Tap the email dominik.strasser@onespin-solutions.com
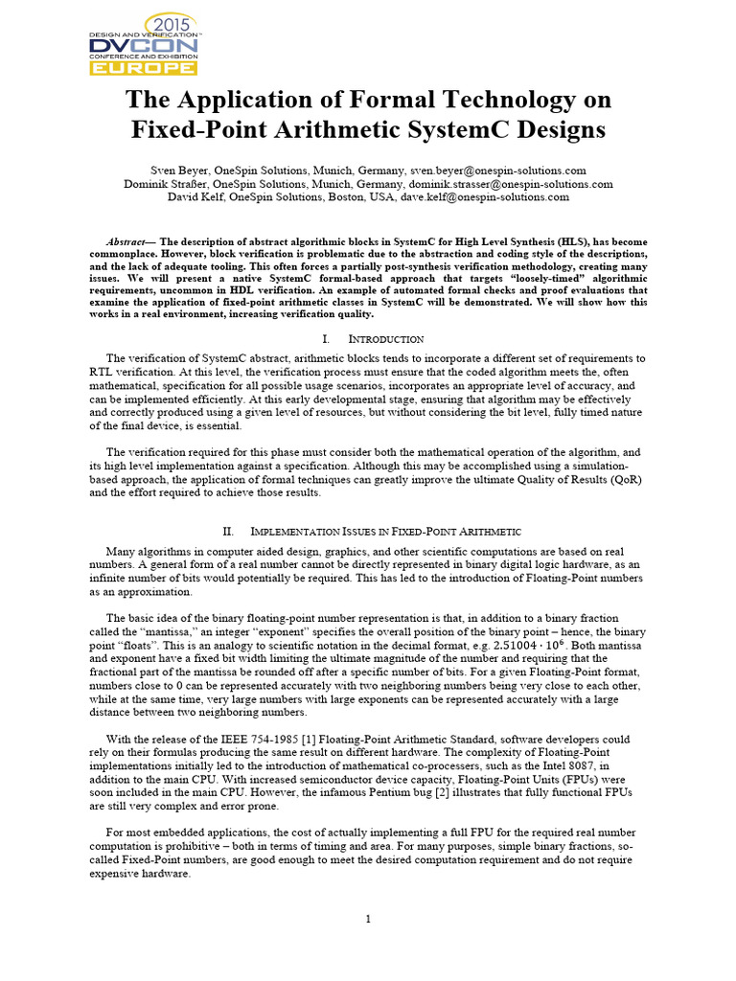pos(510,184)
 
